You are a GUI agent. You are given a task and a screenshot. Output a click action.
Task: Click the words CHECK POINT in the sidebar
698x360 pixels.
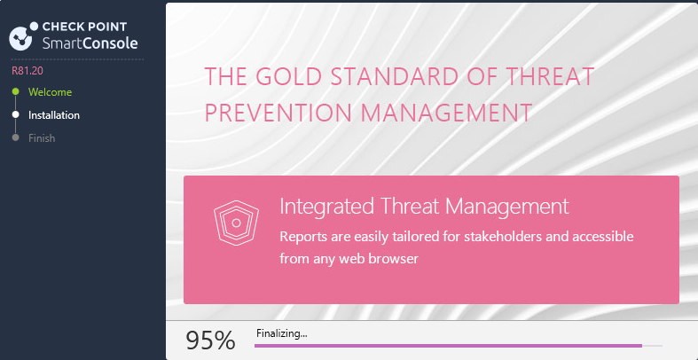click(x=84, y=27)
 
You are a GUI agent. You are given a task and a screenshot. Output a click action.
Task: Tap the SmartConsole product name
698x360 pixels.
click(x=90, y=43)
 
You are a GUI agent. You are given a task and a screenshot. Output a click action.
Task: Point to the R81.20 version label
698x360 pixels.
click(x=27, y=70)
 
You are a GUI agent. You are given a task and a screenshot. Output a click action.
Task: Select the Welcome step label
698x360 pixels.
click(x=50, y=92)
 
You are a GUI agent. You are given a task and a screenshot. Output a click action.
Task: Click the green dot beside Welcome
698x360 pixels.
click(x=16, y=91)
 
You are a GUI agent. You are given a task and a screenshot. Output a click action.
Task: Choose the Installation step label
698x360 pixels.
click(x=54, y=115)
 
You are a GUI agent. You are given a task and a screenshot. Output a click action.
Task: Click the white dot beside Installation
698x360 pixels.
click(x=16, y=114)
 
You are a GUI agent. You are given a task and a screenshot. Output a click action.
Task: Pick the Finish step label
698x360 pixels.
click(x=42, y=138)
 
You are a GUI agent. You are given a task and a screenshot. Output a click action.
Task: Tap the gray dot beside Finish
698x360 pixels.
click(x=16, y=137)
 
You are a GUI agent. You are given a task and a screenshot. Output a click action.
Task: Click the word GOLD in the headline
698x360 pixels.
click(x=288, y=76)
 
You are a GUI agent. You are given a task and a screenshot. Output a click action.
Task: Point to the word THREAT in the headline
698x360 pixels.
click(x=551, y=76)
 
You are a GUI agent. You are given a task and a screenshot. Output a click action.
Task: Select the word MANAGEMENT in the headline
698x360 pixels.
click(x=446, y=113)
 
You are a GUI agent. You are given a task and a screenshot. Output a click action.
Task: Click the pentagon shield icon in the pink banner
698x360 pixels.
click(x=236, y=223)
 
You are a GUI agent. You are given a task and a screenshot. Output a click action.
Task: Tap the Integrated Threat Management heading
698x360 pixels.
click(x=424, y=207)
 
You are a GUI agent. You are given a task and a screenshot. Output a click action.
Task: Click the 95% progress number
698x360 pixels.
click(x=210, y=340)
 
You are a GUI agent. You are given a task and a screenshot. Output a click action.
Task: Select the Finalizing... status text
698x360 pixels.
click(x=282, y=333)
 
